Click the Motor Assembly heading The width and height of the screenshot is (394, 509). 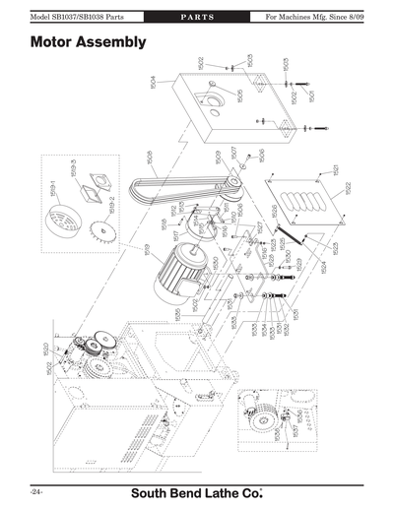(x=89, y=42)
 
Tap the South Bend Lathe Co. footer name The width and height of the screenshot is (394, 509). (x=197, y=489)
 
